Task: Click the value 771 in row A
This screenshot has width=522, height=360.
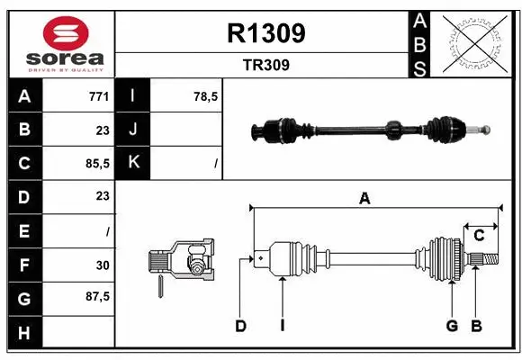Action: pyautogui.click(x=98, y=95)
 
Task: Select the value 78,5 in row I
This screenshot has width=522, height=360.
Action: pyautogui.click(x=206, y=95)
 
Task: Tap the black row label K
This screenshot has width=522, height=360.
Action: pyautogui.click(x=134, y=163)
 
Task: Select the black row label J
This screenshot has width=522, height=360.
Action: pyautogui.click(x=134, y=130)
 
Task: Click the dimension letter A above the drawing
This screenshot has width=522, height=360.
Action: pyautogui.click(x=364, y=199)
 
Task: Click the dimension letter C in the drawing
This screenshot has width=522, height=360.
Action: pyautogui.click(x=480, y=235)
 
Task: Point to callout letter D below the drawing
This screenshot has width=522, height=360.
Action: pyautogui.click(x=240, y=326)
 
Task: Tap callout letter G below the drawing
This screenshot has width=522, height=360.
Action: pyautogui.click(x=452, y=326)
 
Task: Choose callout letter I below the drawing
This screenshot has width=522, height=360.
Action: pyautogui.click(x=282, y=326)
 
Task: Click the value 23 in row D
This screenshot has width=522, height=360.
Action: pyautogui.click(x=102, y=196)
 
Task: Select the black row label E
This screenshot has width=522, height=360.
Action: pyautogui.click(x=23, y=230)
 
